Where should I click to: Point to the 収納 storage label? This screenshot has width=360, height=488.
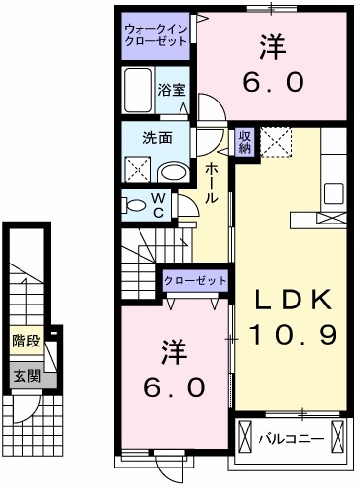coord(244,142)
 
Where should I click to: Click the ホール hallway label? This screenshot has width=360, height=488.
coord(211,183)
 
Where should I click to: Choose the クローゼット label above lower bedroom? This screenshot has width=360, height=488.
coord(195,281)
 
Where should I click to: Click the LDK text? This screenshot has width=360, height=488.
coord(290,299)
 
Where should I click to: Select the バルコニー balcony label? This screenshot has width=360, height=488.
coord(290,438)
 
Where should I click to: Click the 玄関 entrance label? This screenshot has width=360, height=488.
coord(25,374)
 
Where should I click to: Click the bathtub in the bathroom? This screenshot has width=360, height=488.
coord(140,92)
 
